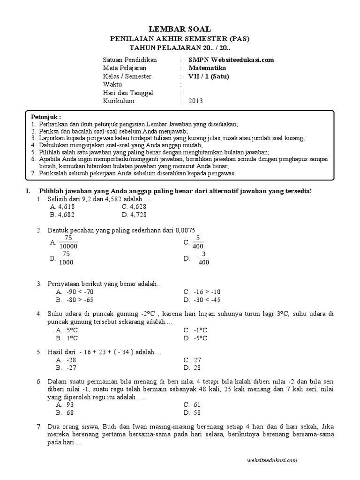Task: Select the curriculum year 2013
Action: click(x=196, y=101)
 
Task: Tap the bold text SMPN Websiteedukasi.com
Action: click(x=231, y=60)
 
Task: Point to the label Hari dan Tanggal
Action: click(x=128, y=93)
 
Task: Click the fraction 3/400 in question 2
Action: click(x=203, y=258)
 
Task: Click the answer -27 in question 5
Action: click(x=71, y=368)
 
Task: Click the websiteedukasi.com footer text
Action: click(x=271, y=461)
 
